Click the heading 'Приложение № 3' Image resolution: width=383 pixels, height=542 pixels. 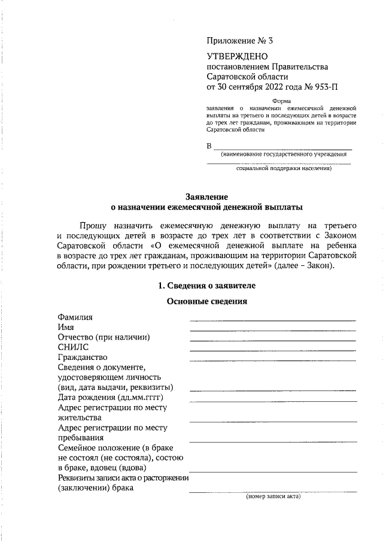point(239,41)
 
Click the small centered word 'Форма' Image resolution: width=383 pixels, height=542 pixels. point(281,101)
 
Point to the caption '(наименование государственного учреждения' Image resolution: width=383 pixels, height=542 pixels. point(284,155)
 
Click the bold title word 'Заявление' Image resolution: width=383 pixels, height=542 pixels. point(206,196)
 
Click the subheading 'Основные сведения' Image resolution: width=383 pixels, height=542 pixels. point(206,301)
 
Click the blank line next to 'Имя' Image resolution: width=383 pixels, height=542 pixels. point(272,330)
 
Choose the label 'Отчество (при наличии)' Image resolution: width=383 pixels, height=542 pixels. point(103,337)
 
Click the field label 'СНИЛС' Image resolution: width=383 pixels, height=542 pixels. point(73,347)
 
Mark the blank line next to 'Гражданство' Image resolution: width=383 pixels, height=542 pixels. point(272,361)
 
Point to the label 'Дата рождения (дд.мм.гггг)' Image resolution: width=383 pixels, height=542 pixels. point(111,397)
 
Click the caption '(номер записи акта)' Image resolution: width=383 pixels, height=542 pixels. point(273,496)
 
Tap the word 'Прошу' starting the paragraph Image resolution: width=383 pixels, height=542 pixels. point(92,225)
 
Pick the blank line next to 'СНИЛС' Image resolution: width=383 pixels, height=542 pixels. point(272,350)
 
